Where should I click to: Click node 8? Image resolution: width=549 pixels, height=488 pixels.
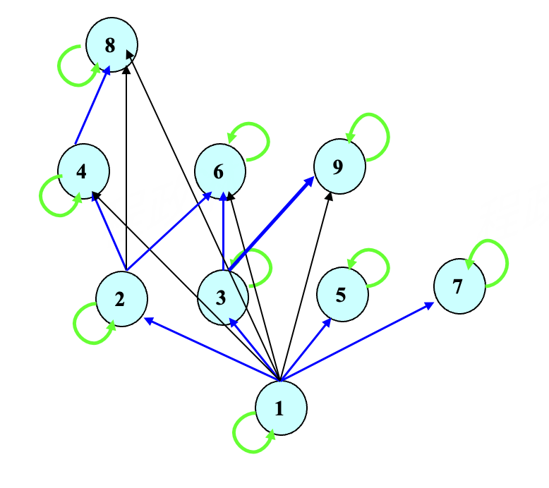111,46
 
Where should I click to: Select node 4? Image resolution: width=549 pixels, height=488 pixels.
83,171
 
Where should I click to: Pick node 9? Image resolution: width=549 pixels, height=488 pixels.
339,166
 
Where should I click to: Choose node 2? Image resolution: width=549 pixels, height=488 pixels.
121,300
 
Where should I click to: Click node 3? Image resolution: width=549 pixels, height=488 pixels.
223,296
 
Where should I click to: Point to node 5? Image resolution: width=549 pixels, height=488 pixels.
342,294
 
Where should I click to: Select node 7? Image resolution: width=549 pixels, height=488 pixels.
459,286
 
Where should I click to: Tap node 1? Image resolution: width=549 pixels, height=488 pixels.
281,408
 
